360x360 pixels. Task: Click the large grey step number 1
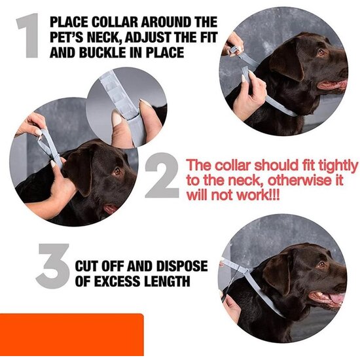click(x=29, y=35)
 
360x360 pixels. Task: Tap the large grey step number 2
click(x=162, y=175)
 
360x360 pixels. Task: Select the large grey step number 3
click(x=53, y=266)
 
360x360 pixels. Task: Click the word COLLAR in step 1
click(x=115, y=22)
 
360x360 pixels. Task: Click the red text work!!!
click(x=258, y=195)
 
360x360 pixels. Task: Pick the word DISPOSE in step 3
click(x=182, y=266)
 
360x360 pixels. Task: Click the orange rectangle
click(x=71, y=334)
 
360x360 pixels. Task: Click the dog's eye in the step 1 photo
click(x=321, y=52)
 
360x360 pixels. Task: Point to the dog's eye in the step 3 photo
click(x=321, y=264)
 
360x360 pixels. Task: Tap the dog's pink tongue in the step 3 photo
click(x=336, y=298)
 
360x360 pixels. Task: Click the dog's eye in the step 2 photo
click(x=117, y=171)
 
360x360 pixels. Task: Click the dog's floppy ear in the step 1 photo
click(x=287, y=61)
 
